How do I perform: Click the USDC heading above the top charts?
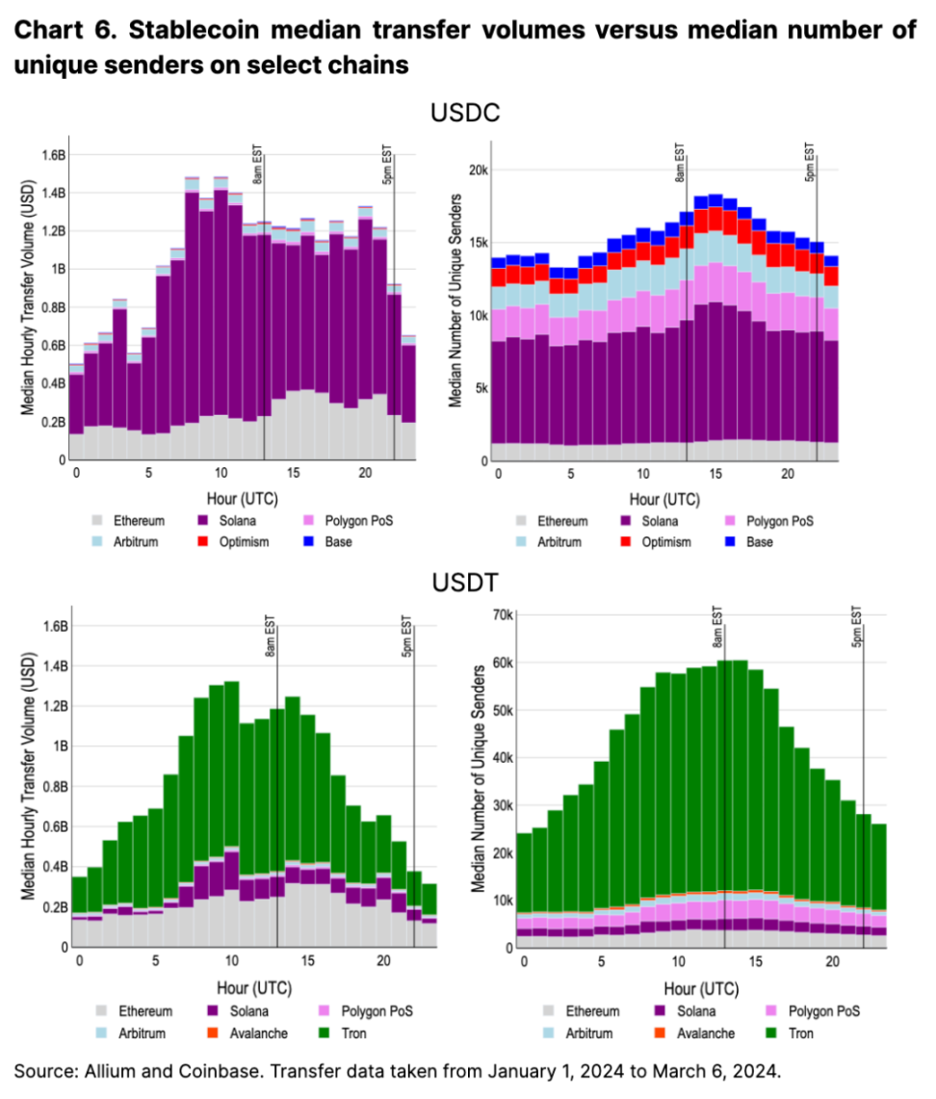coord(466,113)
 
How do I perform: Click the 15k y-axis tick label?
coord(477,242)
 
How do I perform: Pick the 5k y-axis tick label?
coord(481,388)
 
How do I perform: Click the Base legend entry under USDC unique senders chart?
coord(760,541)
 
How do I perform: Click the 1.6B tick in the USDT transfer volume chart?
coord(50,626)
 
